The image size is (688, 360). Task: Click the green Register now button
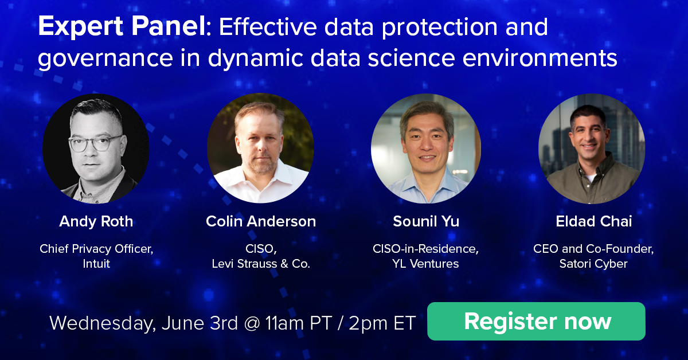coord(537,321)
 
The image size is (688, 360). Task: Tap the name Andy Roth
coord(96,222)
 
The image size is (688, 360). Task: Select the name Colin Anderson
coord(261,222)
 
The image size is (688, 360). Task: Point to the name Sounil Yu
coord(426,222)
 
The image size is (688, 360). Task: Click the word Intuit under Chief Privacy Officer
coord(96,264)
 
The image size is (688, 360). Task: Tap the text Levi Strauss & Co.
coord(261,264)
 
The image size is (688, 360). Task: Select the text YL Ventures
coord(426,264)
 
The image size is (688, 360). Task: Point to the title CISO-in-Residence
coord(426,249)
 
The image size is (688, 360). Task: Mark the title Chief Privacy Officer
coord(96,249)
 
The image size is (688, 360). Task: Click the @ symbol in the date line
coord(251,323)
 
